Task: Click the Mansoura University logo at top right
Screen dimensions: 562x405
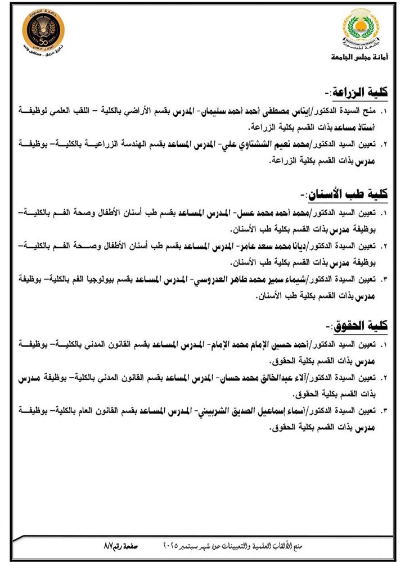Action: tap(361, 31)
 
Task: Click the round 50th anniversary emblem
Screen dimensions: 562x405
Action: tap(43, 31)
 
